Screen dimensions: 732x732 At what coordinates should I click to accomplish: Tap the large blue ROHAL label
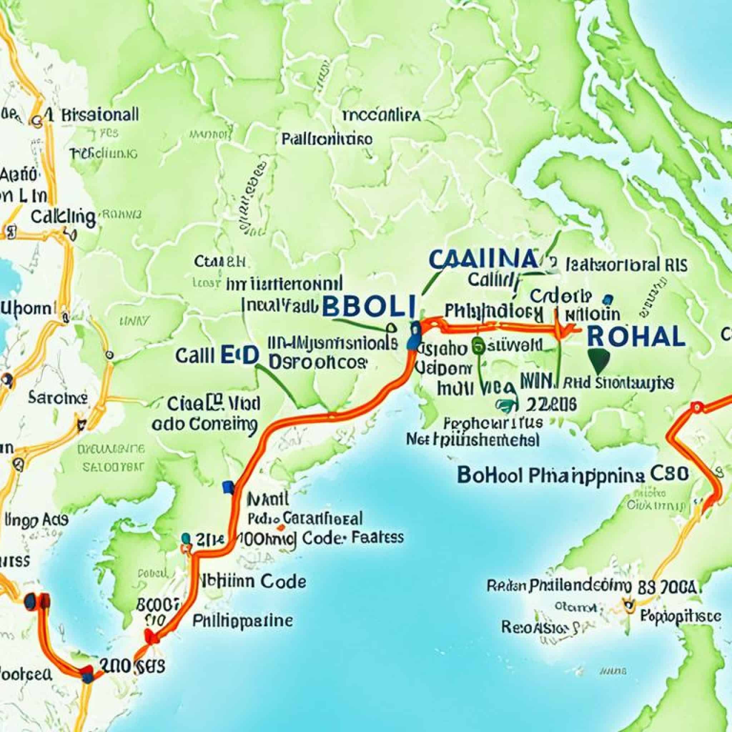click(636, 336)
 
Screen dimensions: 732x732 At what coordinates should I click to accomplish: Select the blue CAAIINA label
click(484, 259)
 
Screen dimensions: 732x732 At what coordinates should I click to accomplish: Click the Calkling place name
click(63, 217)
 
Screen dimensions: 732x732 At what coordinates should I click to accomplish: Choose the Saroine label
click(58, 398)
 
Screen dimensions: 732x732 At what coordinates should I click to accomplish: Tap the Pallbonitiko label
click(327, 139)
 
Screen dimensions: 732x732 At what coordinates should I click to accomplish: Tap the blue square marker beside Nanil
click(228, 487)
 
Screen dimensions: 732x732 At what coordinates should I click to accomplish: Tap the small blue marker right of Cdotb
click(608, 299)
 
